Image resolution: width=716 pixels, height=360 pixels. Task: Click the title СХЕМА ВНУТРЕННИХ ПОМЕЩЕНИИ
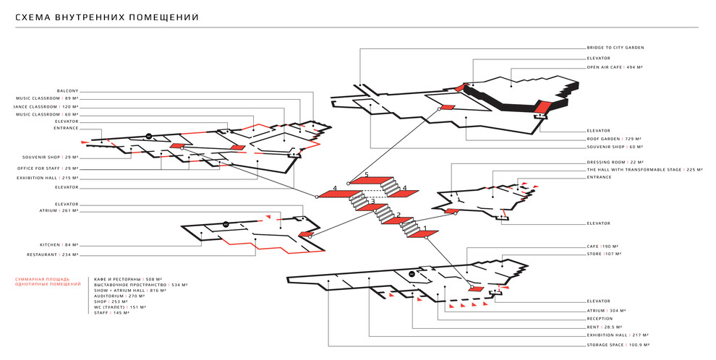click(x=107, y=17)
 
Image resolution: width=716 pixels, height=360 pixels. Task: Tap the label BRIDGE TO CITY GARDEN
click(x=615, y=48)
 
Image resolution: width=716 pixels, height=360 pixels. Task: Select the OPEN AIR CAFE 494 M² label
click(x=615, y=67)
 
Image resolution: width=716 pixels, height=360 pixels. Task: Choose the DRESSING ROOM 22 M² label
click(x=615, y=163)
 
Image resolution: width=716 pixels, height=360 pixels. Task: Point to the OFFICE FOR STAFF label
click(x=48, y=168)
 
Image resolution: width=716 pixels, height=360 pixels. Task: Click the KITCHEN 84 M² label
click(x=59, y=245)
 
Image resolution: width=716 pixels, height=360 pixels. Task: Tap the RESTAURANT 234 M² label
click(x=53, y=255)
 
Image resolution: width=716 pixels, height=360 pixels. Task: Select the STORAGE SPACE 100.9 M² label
click(x=617, y=345)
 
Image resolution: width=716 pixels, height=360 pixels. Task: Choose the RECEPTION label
click(x=600, y=318)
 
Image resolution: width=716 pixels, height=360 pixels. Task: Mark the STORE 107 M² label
click(x=605, y=254)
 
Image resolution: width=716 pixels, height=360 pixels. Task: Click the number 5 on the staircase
click(x=367, y=175)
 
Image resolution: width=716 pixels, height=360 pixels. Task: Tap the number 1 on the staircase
click(x=425, y=229)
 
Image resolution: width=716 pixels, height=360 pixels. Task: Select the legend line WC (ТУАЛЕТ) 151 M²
click(x=120, y=307)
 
